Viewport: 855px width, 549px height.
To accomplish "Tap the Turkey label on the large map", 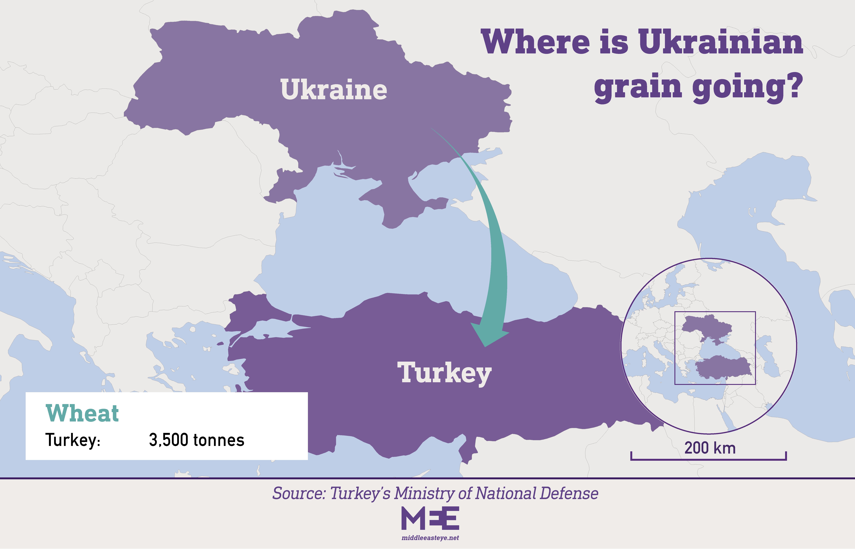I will (x=444, y=373).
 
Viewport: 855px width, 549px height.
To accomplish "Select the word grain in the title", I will (x=638, y=87).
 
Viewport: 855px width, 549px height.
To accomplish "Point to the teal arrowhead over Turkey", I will (x=488, y=335).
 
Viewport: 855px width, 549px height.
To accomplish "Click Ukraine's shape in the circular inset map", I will (x=707, y=325).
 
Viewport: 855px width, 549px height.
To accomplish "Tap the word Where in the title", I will (x=535, y=42).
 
